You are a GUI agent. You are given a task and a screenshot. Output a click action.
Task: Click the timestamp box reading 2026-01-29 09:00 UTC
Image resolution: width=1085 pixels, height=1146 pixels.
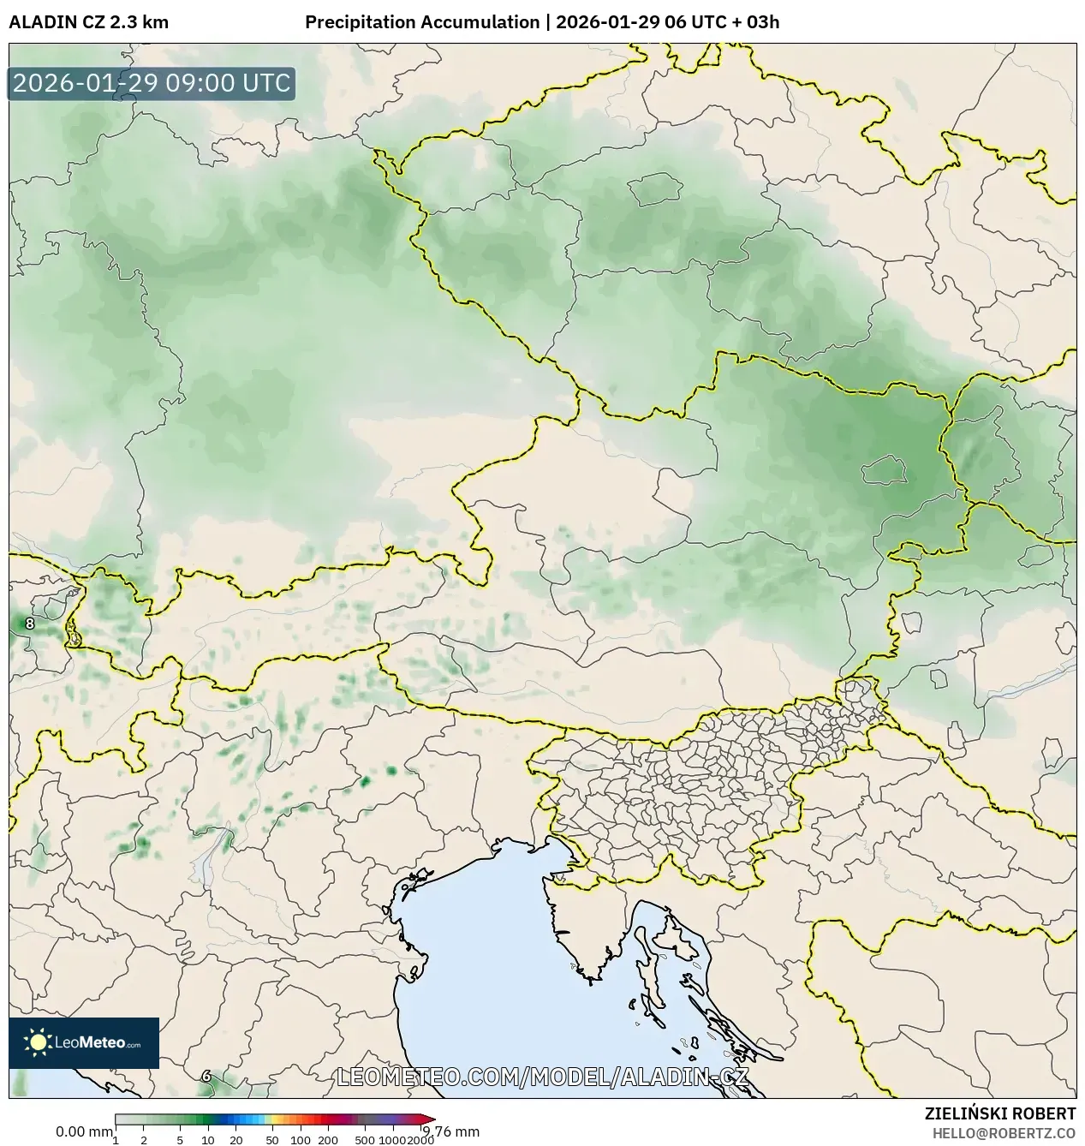point(152,84)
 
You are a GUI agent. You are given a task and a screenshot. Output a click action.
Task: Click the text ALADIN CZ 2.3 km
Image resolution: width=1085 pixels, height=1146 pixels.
point(88,22)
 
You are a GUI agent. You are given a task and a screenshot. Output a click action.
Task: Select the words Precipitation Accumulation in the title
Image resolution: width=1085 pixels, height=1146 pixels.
point(422,22)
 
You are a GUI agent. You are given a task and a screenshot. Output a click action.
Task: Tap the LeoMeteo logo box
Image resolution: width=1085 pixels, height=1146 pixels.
point(84,1042)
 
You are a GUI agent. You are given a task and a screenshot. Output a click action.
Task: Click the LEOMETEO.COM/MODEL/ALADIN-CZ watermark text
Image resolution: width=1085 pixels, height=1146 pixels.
point(543,1077)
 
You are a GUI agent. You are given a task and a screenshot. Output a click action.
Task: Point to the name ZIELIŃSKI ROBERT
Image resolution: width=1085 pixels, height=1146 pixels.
point(999,1113)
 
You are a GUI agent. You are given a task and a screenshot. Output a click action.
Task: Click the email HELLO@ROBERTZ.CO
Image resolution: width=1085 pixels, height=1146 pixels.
point(1004,1132)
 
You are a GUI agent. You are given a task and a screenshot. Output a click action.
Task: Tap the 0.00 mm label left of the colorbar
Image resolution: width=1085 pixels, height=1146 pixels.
point(83,1131)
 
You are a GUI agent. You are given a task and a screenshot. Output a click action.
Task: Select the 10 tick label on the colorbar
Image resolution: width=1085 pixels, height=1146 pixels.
point(207,1140)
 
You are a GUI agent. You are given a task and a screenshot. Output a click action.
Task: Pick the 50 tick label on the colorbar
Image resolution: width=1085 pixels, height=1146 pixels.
point(271,1140)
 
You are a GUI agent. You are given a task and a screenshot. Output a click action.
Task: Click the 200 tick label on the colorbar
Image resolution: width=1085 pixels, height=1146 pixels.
point(328,1140)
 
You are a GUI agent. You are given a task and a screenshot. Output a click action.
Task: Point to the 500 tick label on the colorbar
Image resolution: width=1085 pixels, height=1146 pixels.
point(365,1140)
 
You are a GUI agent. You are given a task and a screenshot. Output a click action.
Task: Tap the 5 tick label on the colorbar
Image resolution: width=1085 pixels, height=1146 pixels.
point(180,1140)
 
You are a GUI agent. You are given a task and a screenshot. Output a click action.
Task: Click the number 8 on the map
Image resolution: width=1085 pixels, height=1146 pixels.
point(30,624)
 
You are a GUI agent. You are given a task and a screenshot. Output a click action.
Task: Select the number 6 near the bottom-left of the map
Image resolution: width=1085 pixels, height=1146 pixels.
point(206,1076)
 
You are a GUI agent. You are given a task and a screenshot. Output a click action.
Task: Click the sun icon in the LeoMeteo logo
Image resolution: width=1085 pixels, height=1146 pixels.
point(38,1042)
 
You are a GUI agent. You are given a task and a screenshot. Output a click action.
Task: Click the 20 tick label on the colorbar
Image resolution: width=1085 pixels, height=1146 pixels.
point(235,1140)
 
